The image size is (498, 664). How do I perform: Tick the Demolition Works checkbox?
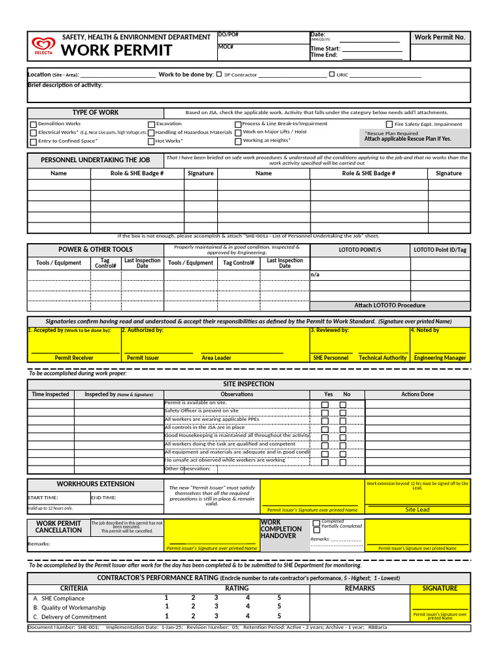point(33,124)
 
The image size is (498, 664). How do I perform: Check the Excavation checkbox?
point(151,124)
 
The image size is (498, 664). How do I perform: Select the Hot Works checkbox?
point(151,141)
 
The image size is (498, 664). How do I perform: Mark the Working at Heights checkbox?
point(238,141)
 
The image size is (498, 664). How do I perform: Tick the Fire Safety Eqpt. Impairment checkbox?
point(389,124)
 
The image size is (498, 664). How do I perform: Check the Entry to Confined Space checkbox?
point(33,141)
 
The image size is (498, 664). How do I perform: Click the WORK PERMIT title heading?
point(117,51)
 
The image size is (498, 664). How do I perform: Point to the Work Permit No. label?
point(440,37)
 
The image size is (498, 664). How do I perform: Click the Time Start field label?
point(325,49)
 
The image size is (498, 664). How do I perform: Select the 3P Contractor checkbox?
point(219,75)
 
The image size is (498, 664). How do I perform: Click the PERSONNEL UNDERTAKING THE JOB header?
point(95,160)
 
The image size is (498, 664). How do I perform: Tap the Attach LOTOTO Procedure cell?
point(390,305)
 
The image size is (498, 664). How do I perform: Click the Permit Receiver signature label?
point(74,358)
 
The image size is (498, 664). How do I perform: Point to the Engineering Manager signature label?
point(440,358)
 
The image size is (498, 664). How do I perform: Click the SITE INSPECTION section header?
point(248,384)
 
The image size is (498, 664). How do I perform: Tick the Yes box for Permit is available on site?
point(326,405)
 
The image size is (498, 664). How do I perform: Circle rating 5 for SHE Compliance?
point(279,598)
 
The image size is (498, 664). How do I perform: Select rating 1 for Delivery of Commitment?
point(167,617)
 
